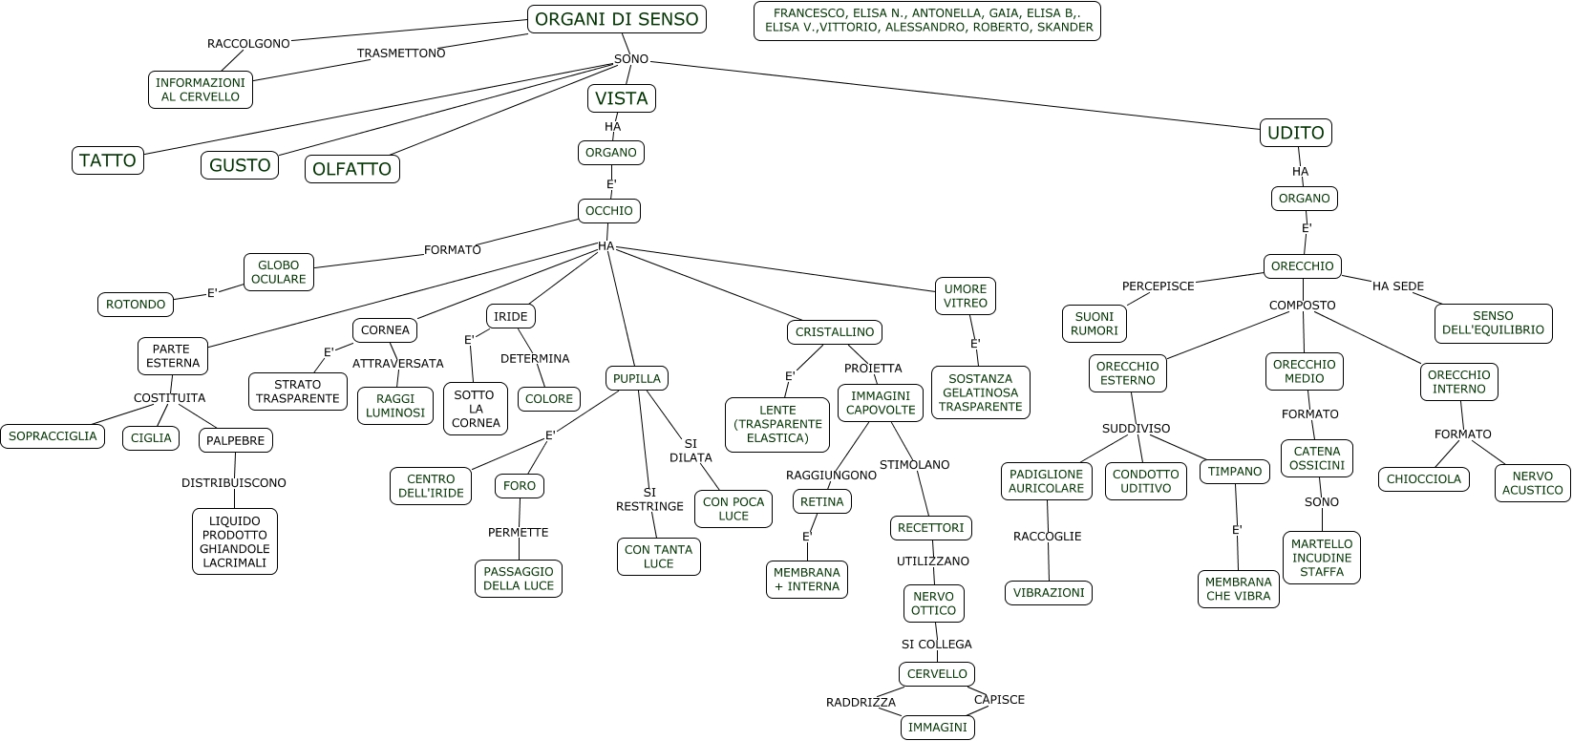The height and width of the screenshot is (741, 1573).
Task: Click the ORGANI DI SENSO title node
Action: pyautogui.click(x=617, y=19)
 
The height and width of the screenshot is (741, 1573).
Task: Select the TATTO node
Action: pyautogui.click(x=107, y=160)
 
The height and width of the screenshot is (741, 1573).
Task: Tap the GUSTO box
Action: pyautogui.click(x=240, y=165)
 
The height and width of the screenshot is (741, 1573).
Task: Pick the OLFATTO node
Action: pyautogui.click(x=351, y=169)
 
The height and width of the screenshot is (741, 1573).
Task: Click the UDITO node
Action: pyautogui.click(x=1296, y=132)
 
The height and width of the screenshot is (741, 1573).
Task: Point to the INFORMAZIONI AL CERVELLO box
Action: pyautogui.click(x=201, y=89)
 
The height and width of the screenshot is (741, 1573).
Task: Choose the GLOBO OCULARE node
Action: pyautogui.click(x=278, y=272)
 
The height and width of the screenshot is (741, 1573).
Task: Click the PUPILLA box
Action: pyautogui.click(x=636, y=378)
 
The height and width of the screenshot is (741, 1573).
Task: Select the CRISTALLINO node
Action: pyautogui.click(x=834, y=332)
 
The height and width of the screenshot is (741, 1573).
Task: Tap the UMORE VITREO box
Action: pyautogui.click(x=965, y=296)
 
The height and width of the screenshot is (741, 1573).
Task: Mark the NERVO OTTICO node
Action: pyautogui.click(x=933, y=603)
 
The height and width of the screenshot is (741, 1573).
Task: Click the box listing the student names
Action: pyautogui.click(x=927, y=21)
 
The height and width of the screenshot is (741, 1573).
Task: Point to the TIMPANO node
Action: pyautogui.click(x=1235, y=472)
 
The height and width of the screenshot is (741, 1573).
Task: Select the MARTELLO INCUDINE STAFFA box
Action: pyautogui.click(x=1321, y=558)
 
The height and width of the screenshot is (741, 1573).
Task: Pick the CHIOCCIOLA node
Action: pyautogui.click(x=1423, y=479)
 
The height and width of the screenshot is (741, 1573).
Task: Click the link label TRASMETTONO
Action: pyautogui.click(x=401, y=53)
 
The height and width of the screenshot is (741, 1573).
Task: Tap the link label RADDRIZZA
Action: pyautogui.click(x=861, y=703)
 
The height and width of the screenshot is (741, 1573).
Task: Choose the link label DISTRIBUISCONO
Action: pyautogui.click(x=234, y=483)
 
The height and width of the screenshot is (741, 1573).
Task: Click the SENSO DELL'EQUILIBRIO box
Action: pyautogui.click(x=1493, y=323)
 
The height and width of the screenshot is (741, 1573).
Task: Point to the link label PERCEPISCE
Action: pyautogui.click(x=1158, y=286)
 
